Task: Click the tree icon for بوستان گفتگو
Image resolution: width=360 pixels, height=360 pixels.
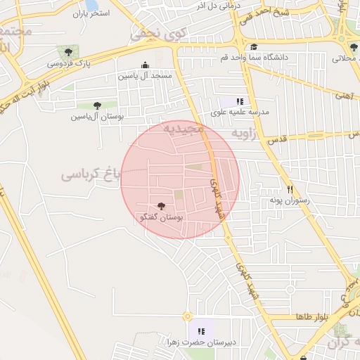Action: pyautogui.click(x=162, y=206)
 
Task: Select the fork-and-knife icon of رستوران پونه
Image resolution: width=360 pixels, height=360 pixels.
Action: pyautogui.click(x=290, y=189)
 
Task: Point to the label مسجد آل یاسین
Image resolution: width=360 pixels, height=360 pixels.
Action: pyautogui.click(x=145, y=75)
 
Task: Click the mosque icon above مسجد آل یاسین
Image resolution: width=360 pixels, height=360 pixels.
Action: pyautogui.click(x=146, y=64)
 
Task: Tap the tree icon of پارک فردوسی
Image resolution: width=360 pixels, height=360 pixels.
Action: pyautogui.click(x=68, y=51)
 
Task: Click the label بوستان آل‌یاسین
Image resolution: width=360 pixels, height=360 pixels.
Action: pyautogui.click(x=96, y=117)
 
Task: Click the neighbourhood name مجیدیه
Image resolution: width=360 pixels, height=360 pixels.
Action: pyautogui.click(x=184, y=129)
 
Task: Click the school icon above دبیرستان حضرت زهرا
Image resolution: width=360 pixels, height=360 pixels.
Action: pyautogui.click(x=200, y=330)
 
